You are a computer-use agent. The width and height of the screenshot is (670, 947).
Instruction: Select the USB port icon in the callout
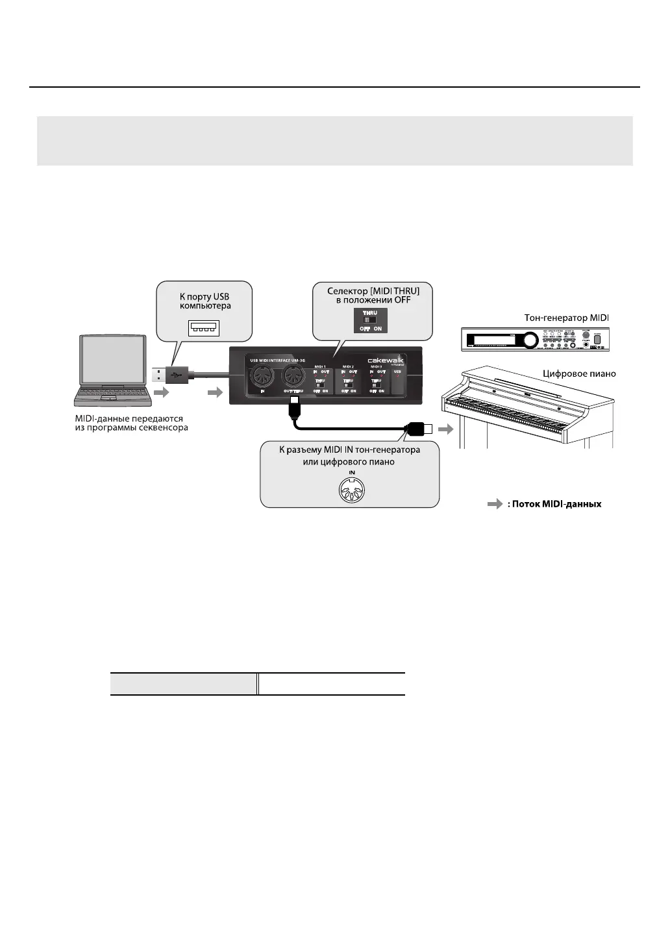tap(204, 328)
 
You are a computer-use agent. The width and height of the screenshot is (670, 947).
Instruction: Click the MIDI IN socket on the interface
tap(262, 373)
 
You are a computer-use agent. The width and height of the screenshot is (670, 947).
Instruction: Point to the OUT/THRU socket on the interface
tap(295, 373)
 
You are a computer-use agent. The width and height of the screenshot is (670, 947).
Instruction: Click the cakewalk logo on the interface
tap(386, 360)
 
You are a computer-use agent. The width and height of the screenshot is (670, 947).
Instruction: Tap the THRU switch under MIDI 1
tap(320, 385)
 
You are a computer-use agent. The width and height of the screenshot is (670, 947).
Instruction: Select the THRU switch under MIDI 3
tap(376, 385)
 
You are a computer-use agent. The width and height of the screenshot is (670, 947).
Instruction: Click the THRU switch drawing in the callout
tap(370, 320)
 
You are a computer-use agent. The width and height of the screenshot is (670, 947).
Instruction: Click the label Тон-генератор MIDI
tap(567, 318)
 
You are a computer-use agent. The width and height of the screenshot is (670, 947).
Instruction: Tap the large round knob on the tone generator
tap(531, 340)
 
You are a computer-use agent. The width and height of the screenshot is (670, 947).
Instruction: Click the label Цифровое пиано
tap(579, 373)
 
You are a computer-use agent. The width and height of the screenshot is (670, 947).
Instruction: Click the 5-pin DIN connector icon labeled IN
tap(352, 489)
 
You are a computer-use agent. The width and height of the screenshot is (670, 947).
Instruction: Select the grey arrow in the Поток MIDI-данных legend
tap(495, 504)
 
